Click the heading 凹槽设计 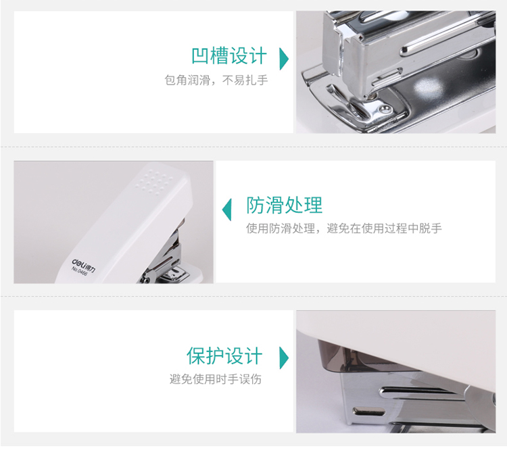point(229,55)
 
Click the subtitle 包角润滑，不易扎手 point(216,80)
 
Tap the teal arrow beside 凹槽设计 point(283,59)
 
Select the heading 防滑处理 point(284,205)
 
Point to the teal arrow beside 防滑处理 point(227,210)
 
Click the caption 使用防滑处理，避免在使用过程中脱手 point(343,228)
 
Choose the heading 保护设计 point(224,356)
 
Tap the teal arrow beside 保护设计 point(283,358)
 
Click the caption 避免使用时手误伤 point(216,379)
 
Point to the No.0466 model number point(79,271)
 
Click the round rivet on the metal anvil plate point(385,109)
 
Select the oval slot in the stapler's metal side point(369,412)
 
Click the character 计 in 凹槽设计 point(258,55)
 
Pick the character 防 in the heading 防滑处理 point(256,205)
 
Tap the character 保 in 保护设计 point(195,356)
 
